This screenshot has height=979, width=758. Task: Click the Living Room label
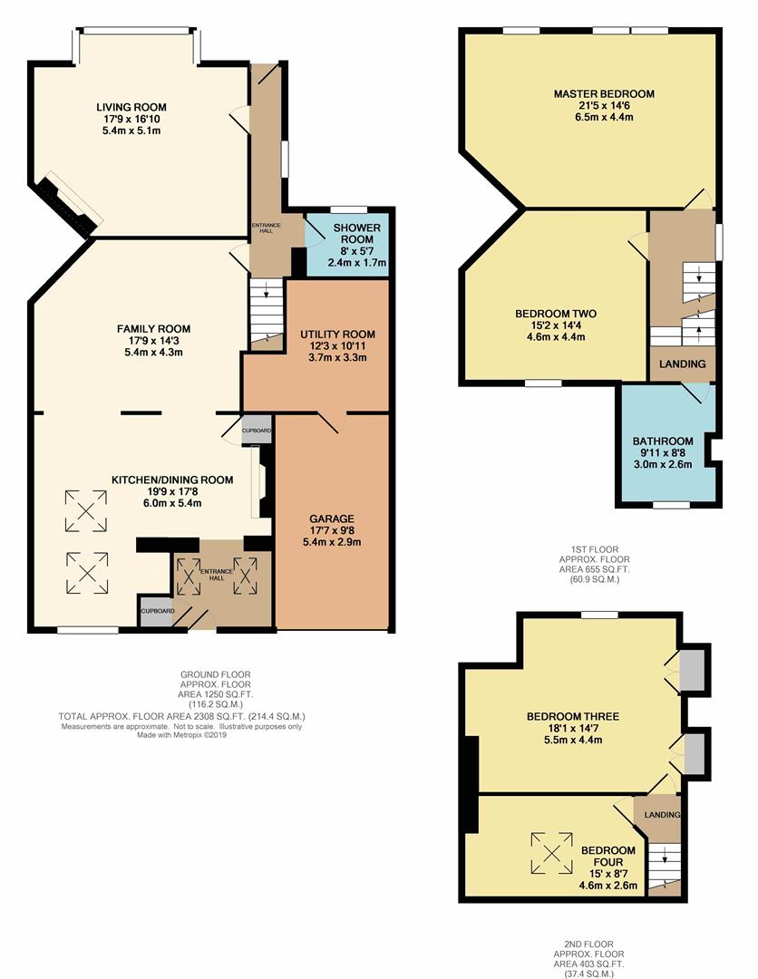pyautogui.click(x=131, y=107)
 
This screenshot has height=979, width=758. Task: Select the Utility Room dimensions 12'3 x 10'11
pyautogui.click(x=337, y=346)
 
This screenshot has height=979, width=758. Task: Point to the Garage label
pyautogui.click(x=332, y=519)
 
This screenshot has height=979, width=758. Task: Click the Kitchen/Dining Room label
pyautogui.click(x=172, y=480)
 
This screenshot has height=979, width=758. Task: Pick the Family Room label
pyautogui.click(x=153, y=328)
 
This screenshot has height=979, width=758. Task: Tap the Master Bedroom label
pyautogui.click(x=604, y=93)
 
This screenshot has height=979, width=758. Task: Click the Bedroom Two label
pyautogui.click(x=556, y=314)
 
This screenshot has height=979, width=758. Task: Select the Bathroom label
pyautogui.click(x=663, y=441)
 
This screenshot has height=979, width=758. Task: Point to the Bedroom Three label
pyautogui.click(x=572, y=716)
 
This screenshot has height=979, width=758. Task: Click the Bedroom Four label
pyautogui.click(x=607, y=856)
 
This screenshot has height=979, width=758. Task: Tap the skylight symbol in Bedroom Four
pyautogui.click(x=552, y=852)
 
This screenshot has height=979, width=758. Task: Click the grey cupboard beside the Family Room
pyautogui.click(x=257, y=431)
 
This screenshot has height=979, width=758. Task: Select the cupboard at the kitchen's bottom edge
pyautogui.click(x=155, y=610)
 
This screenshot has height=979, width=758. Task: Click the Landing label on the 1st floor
pyautogui.click(x=683, y=363)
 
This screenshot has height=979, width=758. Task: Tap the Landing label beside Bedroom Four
pyautogui.click(x=662, y=815)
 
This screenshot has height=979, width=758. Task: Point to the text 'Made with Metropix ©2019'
pyautogui.click(x=181, y=735)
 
